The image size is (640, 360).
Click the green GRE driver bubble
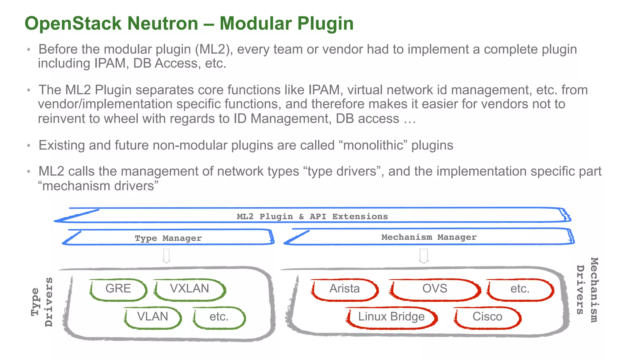118,289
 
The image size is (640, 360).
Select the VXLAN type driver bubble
189,289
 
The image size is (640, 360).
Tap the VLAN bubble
152,317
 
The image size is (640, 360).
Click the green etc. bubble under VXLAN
219,317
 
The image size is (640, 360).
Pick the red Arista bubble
344,289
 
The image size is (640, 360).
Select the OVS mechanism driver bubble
435,289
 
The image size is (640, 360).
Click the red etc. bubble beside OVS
520,289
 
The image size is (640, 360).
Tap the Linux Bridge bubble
391,317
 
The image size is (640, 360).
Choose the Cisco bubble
487,317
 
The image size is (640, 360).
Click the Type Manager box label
168,238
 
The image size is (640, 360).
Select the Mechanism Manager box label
429,237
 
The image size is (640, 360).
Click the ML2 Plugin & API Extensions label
312,217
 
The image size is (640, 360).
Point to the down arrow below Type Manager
167,256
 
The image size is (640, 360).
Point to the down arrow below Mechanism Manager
424,256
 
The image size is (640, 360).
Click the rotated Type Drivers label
42,302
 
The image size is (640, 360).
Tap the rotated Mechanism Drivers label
587,290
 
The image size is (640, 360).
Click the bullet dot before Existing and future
29,146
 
